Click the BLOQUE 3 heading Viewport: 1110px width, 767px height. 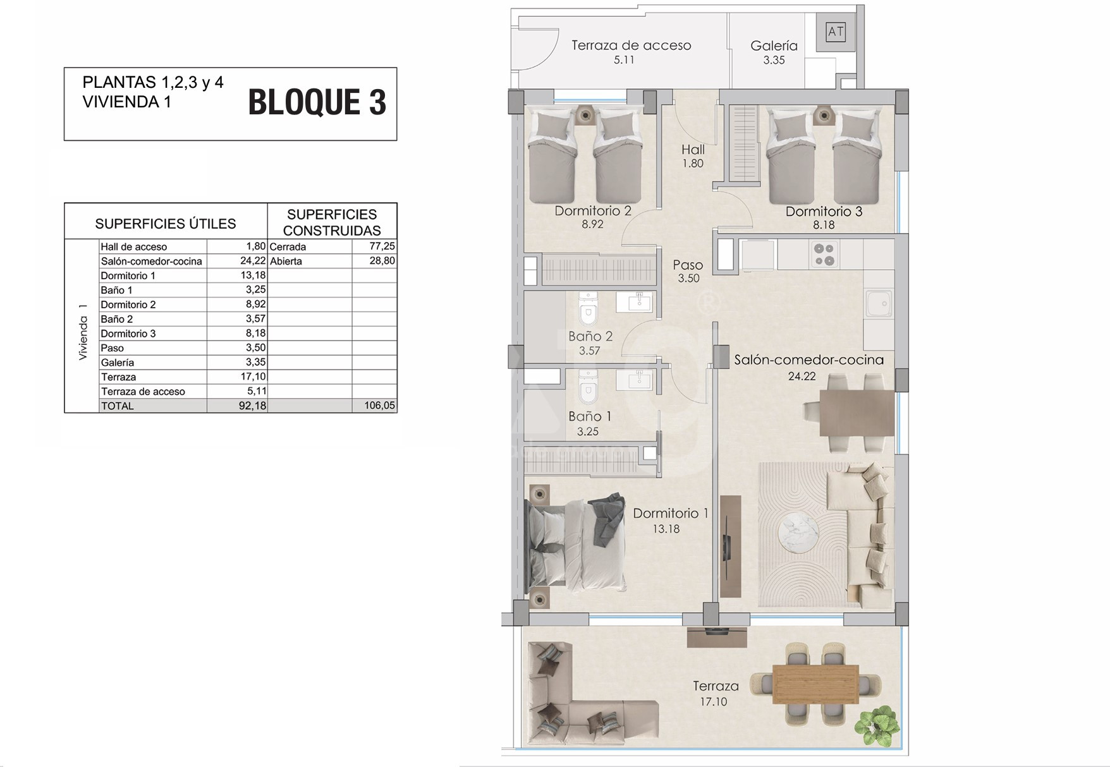pyautogui.click(x=317, y=102)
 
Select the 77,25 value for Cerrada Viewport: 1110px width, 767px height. pyautogui.click(x=382, y=246)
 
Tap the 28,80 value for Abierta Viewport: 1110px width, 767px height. pyautogui.click(x=382, y=261)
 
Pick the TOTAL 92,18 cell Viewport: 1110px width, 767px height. pyautogui.click(x=252, y=406)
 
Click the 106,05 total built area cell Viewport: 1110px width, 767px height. pyautogui.click(x=380, y=406)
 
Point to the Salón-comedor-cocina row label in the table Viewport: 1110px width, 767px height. pyautogui.click(x=152, y=262)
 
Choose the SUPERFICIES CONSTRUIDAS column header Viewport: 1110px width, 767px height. pyautogui.click(x=332, y=222)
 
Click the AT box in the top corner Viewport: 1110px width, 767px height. pyautogui.click(x=836, y=32)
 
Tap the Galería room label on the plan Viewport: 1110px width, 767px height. pyautogui.click(x=774, y=45)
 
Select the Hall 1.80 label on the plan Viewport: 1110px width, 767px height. pyautogui.click(x=693, y=156)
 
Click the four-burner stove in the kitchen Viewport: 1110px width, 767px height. pyautogui.click(x=824, y=254)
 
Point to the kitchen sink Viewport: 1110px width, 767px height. pyautogui.click(x=878, y=304)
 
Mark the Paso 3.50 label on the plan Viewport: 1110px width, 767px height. pyautogui.click(x=688, y=272)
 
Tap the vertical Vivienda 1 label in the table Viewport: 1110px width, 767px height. pyautogui.click(x=83, y=332)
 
